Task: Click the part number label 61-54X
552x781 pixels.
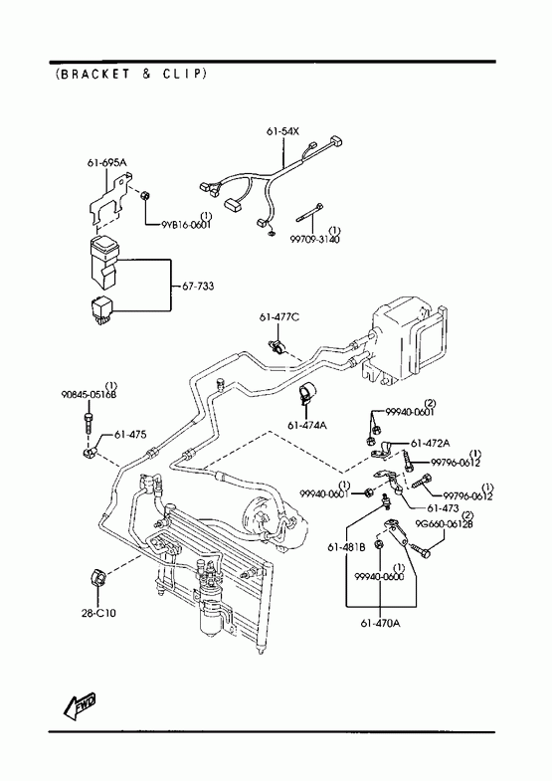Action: click(x=282, y=131)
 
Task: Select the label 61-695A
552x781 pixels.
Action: click(x=107, y=162)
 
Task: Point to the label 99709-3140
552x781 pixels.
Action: click(x=315, y=240)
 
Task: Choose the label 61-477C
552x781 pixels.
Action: click(x=278, y=316)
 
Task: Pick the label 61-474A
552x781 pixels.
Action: click(x=307, y=426)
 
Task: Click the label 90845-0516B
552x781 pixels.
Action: click(x=89, y=395)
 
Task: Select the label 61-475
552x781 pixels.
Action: click(x=130, y=435)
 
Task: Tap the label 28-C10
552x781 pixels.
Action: click(x=98, y=613)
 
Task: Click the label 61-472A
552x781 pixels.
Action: click(x=430, y=444)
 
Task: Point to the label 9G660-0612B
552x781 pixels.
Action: click(x=445, y=524)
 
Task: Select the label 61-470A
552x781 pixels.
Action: click(x=380, y=623)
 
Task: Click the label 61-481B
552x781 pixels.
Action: click(x=346, y=547)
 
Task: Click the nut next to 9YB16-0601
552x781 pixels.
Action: click(x=145, y=196)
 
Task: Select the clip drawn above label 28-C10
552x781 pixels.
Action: click(x=98, y=578)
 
